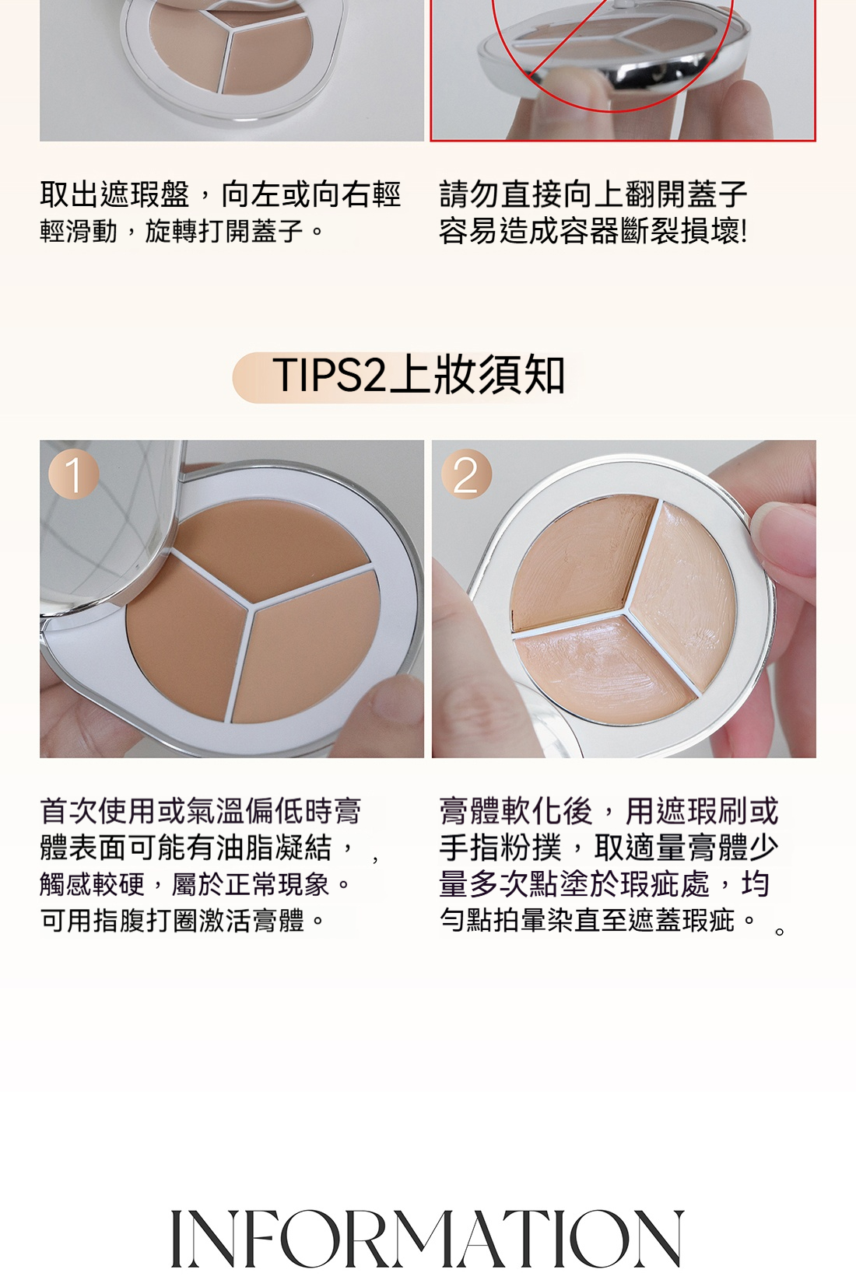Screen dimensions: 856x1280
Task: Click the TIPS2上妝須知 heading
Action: point(419,376)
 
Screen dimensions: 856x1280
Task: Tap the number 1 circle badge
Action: point(73,474)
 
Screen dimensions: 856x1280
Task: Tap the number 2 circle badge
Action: point(466,474)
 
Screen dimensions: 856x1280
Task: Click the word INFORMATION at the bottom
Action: point(428,1238)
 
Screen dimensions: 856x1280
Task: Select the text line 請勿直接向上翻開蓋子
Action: point(593,194)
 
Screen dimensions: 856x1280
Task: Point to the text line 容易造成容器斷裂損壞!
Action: point(593,232)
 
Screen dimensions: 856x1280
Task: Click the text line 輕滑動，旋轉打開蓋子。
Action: point(183,232)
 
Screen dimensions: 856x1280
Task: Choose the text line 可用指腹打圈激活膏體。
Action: point(183,921)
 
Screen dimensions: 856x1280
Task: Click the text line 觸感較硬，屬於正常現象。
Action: point(195,884)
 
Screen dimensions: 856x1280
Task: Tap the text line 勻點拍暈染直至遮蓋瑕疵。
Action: point(598,921)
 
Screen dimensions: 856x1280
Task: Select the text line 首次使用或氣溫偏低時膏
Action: point(200,810)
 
